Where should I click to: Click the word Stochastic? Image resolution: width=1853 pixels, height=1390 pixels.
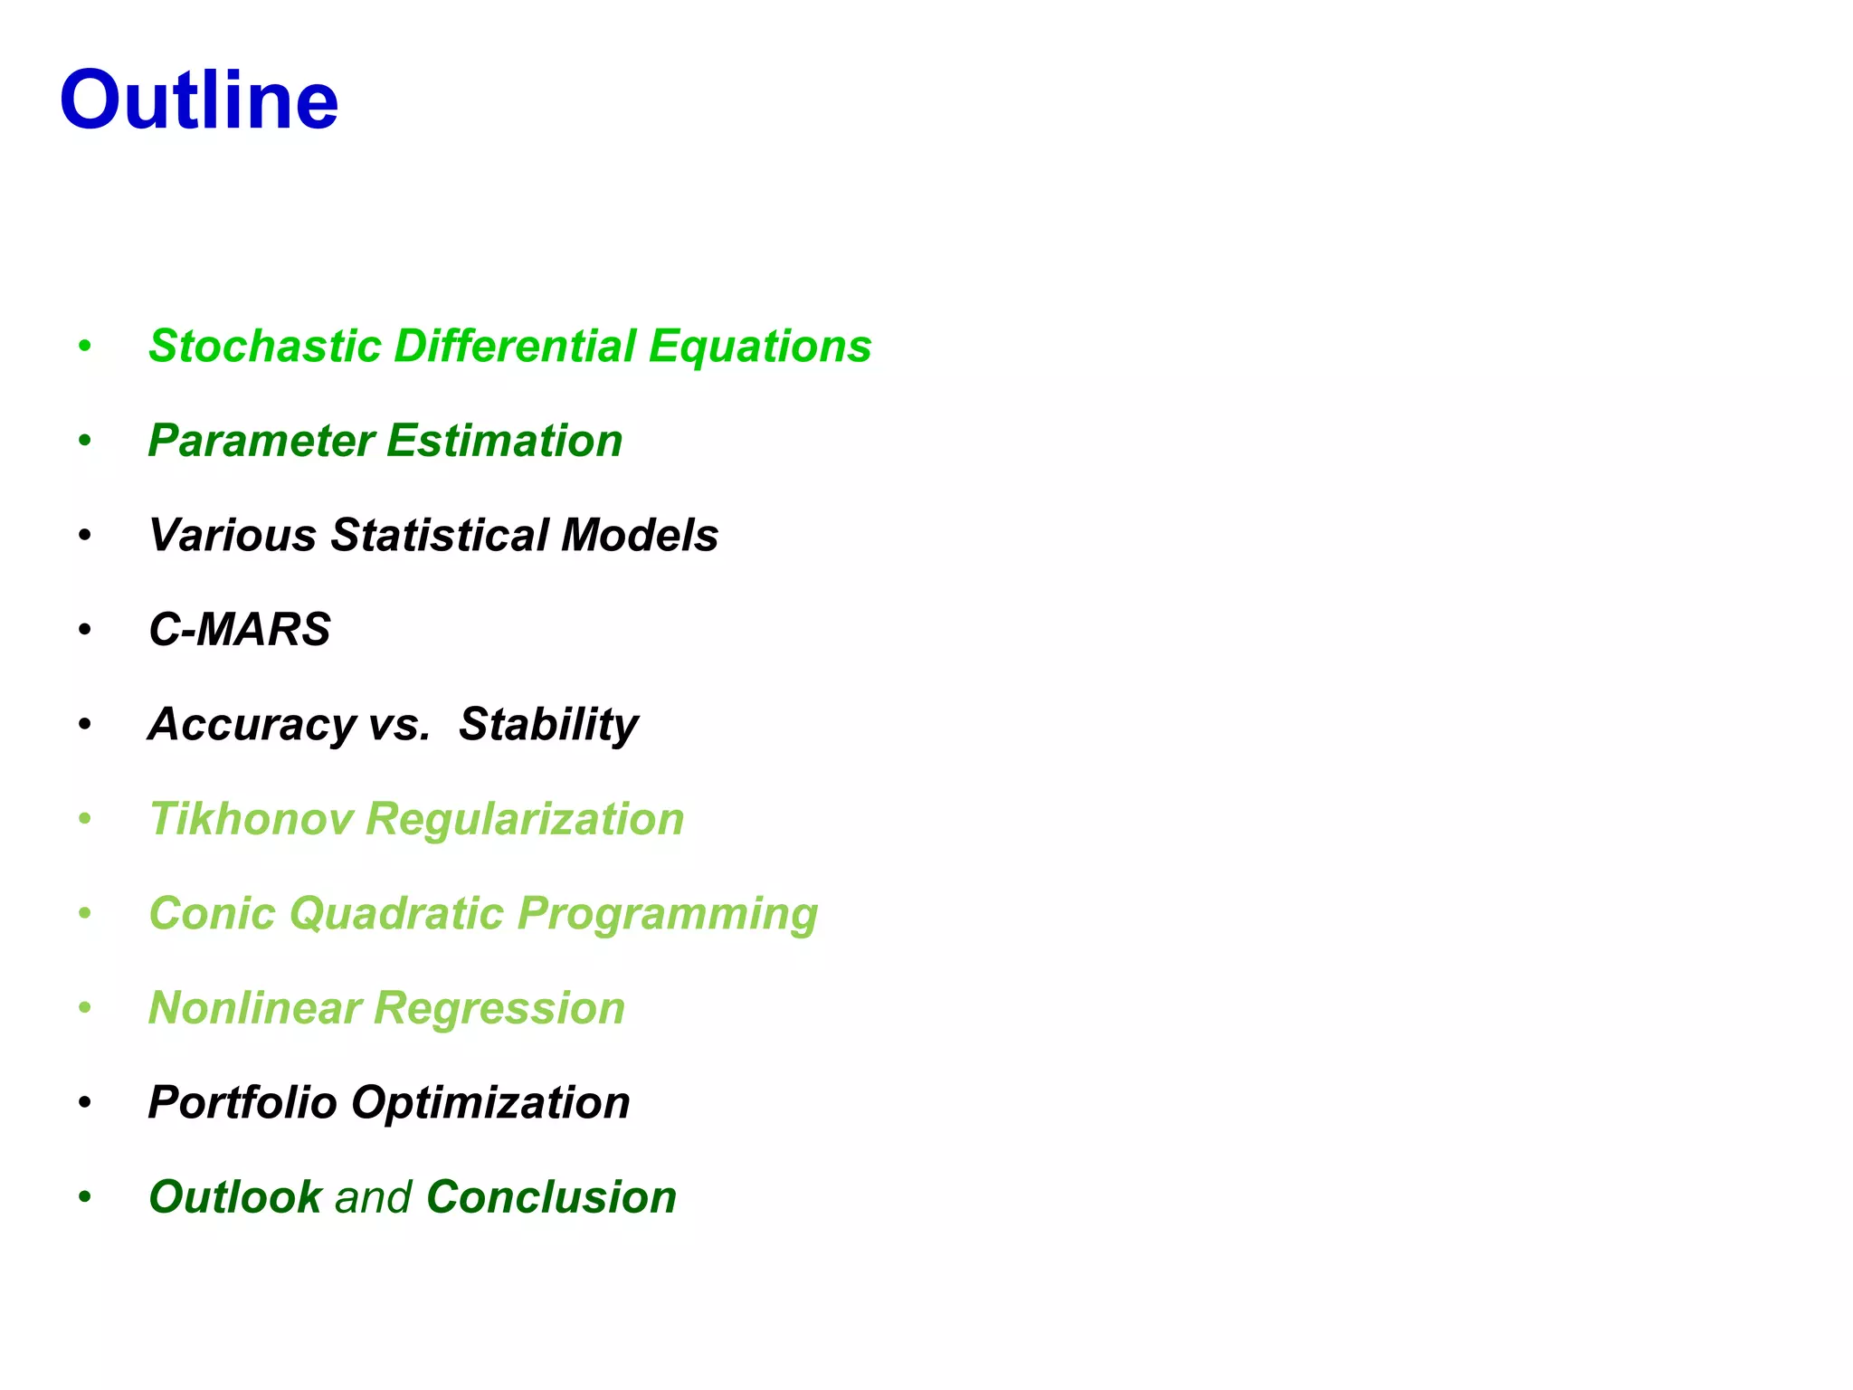(265, 346)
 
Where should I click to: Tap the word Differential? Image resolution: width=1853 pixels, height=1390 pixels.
(515, 346)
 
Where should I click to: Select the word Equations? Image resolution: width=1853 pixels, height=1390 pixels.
(759, 346)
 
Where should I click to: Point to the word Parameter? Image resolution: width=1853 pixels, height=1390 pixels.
(261, 441)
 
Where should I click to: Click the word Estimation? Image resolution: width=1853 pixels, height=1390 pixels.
(505, 441)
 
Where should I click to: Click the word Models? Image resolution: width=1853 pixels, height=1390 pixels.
(640, 535)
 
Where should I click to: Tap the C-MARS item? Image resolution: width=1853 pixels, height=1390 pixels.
(240, 629)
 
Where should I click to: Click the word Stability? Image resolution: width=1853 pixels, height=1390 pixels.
(548, 724)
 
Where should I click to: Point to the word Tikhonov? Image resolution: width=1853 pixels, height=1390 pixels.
(251, 819)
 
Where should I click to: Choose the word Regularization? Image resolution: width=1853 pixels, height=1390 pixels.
(525, 819)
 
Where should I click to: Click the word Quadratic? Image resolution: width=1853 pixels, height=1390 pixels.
(396, 913)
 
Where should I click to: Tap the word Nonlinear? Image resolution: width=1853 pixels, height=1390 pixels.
(254, 1008)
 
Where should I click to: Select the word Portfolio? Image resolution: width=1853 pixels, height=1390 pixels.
(242, 1102)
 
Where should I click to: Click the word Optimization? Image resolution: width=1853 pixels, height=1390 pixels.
(490, 1102)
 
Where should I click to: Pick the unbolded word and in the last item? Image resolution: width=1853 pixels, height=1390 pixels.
(374, 1197)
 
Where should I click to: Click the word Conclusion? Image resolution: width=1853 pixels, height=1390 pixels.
(551, 1197)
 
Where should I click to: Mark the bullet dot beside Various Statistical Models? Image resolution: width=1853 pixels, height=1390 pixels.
(85, 536)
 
